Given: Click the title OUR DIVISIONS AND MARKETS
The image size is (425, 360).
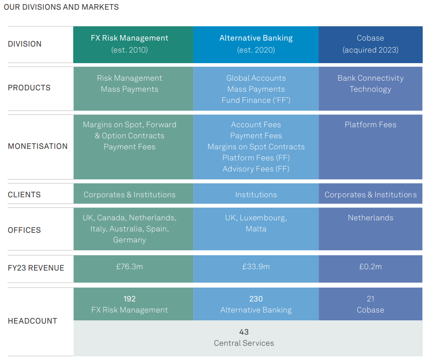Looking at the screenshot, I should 61,7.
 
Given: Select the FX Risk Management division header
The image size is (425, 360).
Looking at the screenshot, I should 129,38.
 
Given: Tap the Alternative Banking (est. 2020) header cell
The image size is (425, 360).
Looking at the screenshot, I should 256,44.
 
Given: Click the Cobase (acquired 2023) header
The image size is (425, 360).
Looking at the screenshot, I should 370,44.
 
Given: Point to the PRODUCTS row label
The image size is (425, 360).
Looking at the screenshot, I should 29,88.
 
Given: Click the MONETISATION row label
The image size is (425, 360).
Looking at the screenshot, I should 38,146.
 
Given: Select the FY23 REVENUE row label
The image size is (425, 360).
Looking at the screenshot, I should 36,268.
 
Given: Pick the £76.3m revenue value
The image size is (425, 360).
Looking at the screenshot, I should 129,266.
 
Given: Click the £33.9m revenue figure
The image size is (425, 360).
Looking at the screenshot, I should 256,266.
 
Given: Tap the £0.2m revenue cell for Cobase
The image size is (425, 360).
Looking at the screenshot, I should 370,266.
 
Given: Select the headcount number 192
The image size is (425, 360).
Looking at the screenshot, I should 129,299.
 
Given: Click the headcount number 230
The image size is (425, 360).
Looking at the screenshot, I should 256,299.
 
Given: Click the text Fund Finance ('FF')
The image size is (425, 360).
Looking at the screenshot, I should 256,100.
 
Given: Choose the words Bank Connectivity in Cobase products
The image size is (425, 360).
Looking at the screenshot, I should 370,78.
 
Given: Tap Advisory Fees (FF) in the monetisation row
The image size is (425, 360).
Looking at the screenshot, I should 256,169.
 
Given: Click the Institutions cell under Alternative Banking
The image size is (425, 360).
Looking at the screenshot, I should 256,195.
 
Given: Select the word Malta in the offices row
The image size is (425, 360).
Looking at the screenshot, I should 256,229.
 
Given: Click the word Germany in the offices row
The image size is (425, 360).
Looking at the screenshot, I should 129,240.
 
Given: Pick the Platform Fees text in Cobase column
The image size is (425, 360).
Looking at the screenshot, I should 370,124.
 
